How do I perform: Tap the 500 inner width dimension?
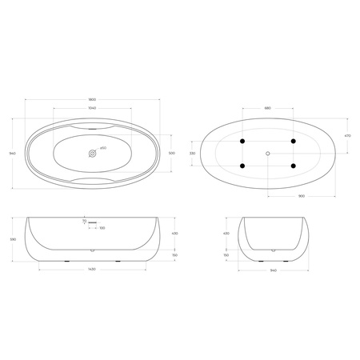tap(171, 152)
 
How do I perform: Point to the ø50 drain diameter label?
tap(104, 148)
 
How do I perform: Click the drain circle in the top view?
tap(93, 152)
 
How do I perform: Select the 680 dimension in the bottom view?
tap(267, 108)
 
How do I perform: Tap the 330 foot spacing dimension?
tap(192, 152)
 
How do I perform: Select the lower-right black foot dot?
tap(294, 166)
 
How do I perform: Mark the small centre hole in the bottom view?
tap(267, 152)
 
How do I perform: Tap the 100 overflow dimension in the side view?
tap(102, 228)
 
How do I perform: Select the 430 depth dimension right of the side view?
tap(174, 234)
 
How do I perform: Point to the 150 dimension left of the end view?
tap(226, 254)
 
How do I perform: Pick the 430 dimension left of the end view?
tap(226, 234)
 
